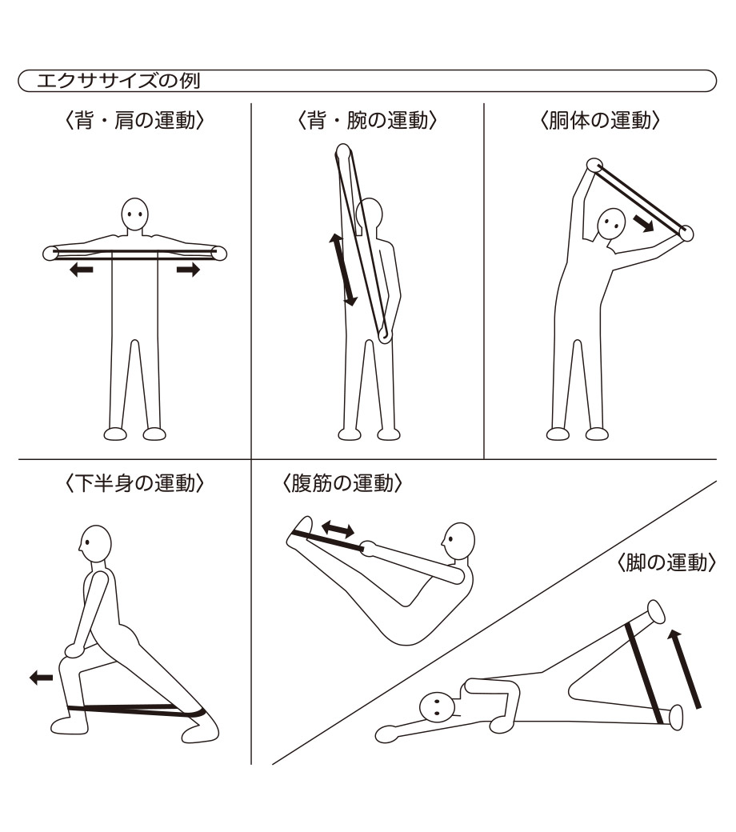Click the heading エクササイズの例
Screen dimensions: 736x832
118,81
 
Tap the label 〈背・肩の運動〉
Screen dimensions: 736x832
134,121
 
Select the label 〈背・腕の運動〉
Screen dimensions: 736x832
367,121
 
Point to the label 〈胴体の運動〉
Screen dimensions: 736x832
600,121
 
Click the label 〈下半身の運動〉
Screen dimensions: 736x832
134,483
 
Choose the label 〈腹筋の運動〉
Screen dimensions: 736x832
342,483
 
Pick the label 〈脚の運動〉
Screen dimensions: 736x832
667,562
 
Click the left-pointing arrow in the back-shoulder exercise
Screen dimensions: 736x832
81,270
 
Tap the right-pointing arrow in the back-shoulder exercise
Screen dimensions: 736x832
188,270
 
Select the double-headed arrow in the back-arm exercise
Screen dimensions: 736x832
343,270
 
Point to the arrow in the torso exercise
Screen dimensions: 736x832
642,223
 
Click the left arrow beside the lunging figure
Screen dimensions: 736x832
41,678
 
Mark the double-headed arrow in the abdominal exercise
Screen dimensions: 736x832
338,529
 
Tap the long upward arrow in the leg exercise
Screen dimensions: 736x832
685,669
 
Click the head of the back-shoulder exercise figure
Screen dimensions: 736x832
134,214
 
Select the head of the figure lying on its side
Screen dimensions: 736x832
437,706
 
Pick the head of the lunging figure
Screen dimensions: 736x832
95,544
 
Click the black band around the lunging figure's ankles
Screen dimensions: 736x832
137,710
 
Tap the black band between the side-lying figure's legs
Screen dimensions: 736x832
644,673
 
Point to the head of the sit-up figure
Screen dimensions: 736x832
458,541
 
